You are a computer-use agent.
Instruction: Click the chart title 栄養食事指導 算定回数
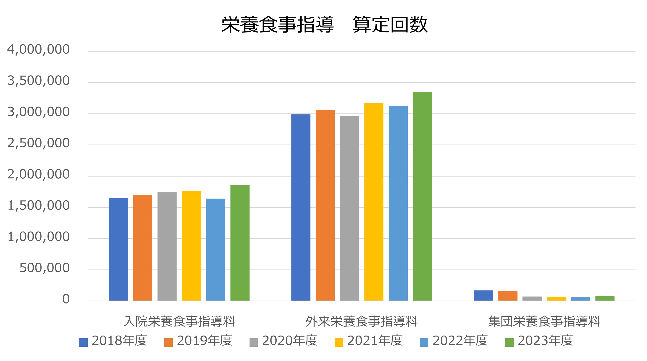324,25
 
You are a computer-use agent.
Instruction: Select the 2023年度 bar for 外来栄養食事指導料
422,196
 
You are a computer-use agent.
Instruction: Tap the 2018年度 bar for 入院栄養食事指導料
118,249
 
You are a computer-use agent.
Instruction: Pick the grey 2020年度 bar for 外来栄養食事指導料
349,208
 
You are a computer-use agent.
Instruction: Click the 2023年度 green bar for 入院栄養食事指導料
240,243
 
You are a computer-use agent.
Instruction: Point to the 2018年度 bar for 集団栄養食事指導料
484,296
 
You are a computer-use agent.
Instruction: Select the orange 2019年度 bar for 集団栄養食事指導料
508,296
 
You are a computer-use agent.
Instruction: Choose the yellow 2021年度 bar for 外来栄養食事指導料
374,202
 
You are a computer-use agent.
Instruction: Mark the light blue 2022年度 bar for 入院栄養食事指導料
215,249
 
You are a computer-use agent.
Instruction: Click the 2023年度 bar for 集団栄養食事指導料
605,298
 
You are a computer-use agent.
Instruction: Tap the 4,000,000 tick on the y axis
38,50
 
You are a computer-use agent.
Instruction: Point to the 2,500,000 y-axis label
38,143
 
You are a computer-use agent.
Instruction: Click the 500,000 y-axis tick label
45,268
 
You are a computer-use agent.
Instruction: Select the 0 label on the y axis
66,299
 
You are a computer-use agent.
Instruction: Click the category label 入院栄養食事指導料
179,322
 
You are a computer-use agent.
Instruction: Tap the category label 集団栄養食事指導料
544,322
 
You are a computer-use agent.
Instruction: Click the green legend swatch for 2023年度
509,342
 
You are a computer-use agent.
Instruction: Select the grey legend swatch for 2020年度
254,342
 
